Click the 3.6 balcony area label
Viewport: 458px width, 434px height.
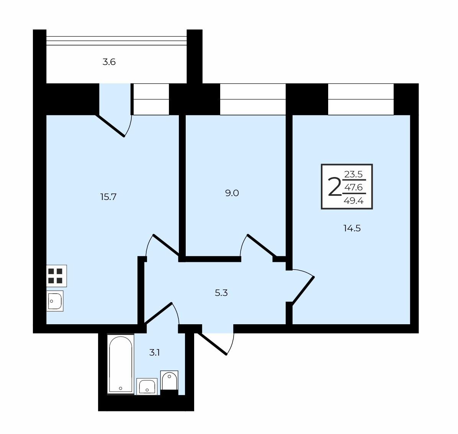coord(109,62)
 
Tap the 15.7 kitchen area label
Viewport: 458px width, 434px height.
coord(108,197)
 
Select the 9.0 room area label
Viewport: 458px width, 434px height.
coord(232,193)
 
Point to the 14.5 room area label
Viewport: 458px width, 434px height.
coord(352,228)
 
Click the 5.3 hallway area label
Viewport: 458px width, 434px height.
coord(221,293)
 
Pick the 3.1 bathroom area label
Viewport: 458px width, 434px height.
coord(154,353)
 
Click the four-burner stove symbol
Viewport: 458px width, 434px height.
coord(56,276)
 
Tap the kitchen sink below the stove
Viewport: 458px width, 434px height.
coord(55,301)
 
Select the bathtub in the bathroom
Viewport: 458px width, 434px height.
coord(121,364)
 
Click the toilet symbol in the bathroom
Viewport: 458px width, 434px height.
coord(169,381)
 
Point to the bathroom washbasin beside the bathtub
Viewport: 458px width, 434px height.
coord(147,387)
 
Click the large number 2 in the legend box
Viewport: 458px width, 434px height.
coord(335,187)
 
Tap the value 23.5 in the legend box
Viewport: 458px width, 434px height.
coord(353,174)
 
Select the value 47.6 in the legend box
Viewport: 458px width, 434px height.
coord(354,187)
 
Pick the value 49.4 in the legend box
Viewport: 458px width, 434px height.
coord(354,201)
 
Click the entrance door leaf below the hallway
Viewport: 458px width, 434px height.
coord(212,343)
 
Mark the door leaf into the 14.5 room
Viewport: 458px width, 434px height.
coord(303,291)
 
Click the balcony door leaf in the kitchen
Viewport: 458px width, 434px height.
coord(110,126)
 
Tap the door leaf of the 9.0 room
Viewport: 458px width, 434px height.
coord(262,245)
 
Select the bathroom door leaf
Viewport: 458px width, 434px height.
coord(158,313)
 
